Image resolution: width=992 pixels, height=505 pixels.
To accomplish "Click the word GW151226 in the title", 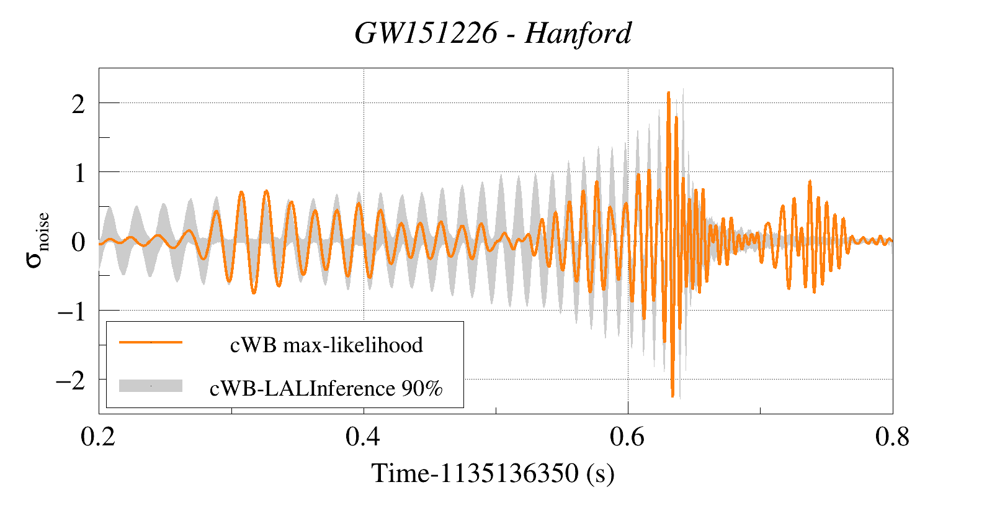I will coord(426,33).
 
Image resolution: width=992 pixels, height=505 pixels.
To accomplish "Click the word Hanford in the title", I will coord(578,33).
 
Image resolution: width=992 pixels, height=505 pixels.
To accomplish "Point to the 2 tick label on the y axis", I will coord(78,104).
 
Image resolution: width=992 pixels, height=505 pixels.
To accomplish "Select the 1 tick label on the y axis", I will coord(79,173).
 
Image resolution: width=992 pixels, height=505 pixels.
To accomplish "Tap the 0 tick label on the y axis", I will coord(78,242).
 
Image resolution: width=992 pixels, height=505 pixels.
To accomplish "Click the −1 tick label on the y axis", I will coord(71,311).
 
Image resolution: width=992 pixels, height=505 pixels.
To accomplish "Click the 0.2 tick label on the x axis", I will coord(98,437).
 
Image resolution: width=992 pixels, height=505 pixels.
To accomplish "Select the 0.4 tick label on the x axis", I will coord(363,437).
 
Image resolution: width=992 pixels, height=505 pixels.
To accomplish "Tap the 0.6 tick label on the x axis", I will coord(627,437).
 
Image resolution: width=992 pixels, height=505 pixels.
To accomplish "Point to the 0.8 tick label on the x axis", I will coord(892,437).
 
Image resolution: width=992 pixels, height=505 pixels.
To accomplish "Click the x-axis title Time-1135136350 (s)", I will coord(493,473).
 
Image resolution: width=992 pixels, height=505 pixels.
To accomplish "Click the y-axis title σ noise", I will coord(37,240).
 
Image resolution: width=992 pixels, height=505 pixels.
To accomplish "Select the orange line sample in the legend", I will coord(151,342).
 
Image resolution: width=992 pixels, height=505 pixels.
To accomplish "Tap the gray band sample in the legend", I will coord(151,386).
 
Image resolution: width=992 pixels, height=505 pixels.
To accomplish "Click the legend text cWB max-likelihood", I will coord(326,345).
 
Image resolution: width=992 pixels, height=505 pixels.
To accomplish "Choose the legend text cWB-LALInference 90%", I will coord(326,388).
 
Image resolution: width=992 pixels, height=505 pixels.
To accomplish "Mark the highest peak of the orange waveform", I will coord(668,93).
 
